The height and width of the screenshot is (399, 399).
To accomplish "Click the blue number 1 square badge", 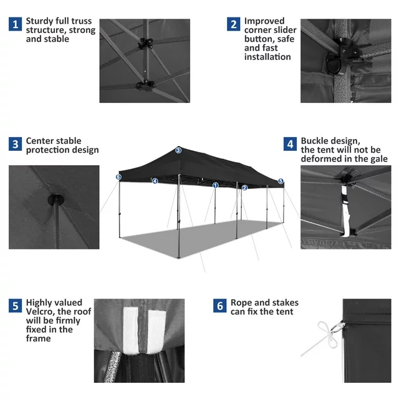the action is (x=15, y=24).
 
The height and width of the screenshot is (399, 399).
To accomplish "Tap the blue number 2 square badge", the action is (x=234, y=24).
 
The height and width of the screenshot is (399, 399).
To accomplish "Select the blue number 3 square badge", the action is (x=15, y=144).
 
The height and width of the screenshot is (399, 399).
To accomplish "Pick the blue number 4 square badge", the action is (x=290, y=144).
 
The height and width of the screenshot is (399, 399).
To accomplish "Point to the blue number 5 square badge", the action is (x=15, y=305).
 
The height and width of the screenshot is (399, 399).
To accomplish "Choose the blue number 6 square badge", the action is (x=220, y=305).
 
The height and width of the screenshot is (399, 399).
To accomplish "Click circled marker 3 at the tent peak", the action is (x=178, y=150).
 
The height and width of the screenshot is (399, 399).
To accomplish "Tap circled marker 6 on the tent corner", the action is (x=118, y=177).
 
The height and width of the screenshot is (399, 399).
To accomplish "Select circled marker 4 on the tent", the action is (x=155, y=181).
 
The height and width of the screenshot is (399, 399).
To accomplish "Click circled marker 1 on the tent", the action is (x=216, y=185).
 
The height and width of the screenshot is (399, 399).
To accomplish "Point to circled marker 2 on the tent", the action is (x=244, y=188).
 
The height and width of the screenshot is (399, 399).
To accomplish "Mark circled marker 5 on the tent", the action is (x=281, y=181).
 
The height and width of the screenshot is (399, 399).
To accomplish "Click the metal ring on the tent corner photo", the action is (x=338, y=327).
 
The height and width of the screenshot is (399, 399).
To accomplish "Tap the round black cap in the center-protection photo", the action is (x=55, y=199).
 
